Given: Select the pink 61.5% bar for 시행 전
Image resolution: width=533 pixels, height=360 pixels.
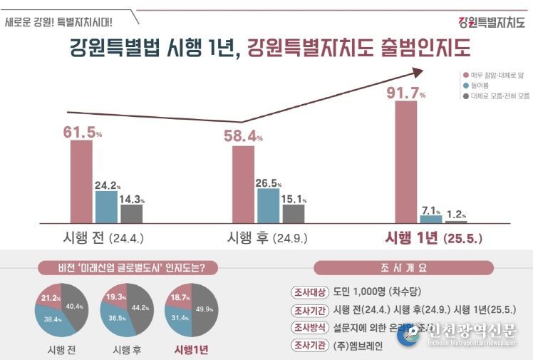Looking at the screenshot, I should pos(81,181).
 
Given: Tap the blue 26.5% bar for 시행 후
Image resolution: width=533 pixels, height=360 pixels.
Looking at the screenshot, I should pos(268,205).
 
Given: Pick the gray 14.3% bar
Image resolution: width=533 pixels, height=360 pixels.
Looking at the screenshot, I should pos(131,213).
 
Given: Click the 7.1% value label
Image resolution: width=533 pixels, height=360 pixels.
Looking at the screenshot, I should pos(432,210).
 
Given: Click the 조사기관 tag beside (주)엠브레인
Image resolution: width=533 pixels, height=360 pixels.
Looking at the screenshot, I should pos(306,346).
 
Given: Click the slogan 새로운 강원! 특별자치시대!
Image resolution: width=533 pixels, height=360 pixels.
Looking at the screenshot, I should pos(58,21).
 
